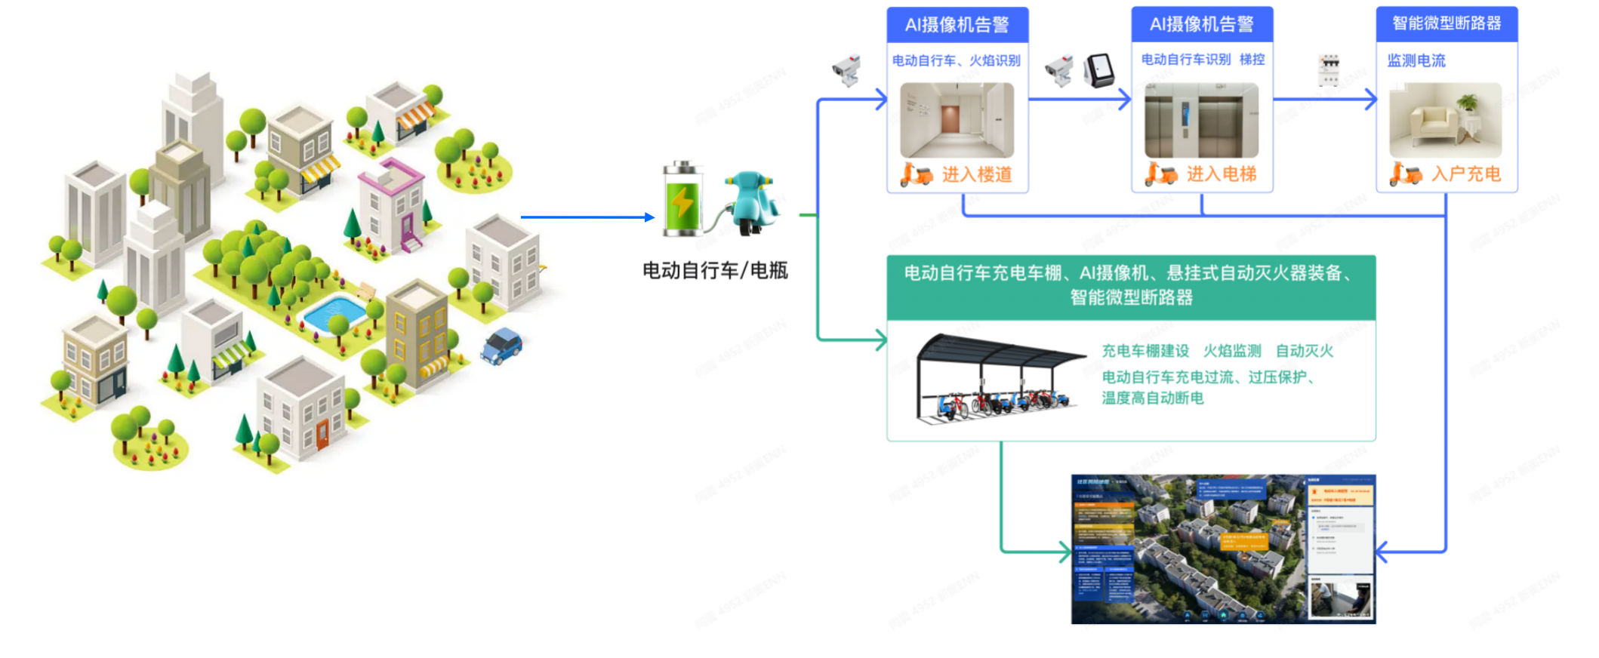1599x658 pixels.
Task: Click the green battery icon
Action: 682,201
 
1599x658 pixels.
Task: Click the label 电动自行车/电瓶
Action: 715,270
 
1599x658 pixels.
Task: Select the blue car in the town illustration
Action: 501,346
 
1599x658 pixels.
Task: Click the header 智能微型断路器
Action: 1446,24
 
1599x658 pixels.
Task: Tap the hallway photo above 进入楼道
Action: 957,120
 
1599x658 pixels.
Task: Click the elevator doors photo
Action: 1201,120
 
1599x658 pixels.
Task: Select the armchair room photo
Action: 1445,120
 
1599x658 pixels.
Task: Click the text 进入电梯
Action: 1221,174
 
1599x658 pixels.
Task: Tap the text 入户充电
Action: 1465,174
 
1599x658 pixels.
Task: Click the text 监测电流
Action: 1416,60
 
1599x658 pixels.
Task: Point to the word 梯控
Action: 1252,59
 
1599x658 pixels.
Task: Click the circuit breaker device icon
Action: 1329,69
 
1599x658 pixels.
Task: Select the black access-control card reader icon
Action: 1099,70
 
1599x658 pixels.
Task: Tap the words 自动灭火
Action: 1304,351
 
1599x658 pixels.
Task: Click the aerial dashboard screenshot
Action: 1223,549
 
